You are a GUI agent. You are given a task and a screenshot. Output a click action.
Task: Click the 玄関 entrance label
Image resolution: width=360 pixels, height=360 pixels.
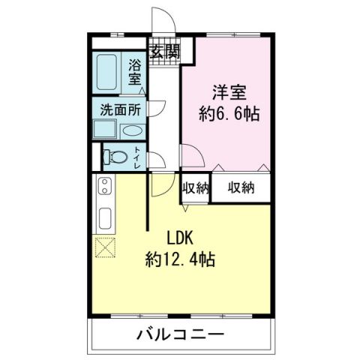pyautogui.click(x=164, y=52)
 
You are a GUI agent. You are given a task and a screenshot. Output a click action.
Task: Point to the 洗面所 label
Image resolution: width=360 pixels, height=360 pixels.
pyautogui.click(x=121, y=109)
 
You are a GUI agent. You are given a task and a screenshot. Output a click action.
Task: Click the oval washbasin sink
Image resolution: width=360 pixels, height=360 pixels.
pyautogui.click(x=131, y=129)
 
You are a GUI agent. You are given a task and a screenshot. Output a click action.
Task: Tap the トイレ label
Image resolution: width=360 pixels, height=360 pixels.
pyautogui.click(x=138, y=157)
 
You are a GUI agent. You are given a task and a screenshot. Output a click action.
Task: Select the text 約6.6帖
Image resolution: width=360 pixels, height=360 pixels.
pyautogui.click(x=229, y=114)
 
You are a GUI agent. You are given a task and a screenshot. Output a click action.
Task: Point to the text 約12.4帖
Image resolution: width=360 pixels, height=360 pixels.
pyautogui.click(x=181, y=260)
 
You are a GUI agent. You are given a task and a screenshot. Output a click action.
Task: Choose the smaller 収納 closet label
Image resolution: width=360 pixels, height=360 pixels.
pyautogui.click(x=195, y=187)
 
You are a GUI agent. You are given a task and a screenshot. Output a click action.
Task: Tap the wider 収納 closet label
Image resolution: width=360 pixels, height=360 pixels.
pyautogui.click(x=241, y=187)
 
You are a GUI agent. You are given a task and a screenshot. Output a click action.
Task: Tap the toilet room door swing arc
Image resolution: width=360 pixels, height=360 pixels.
pyautogui.click(x=157, y=159)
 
